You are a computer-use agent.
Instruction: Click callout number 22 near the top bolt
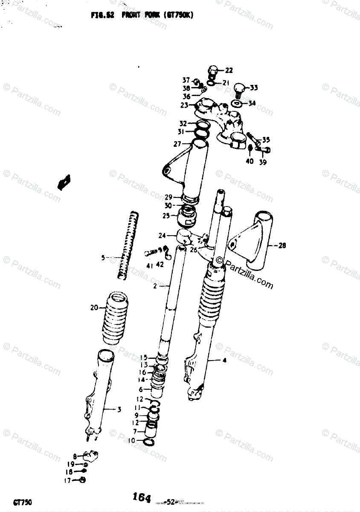pyautogui.click(x=229, y=70)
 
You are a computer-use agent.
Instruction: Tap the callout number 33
pyautogui.click(x=253, y=88)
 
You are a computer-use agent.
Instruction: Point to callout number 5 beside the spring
pyautogui.click(x=103, y=258)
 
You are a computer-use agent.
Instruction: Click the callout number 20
pyautogui.click(x=94, y=308)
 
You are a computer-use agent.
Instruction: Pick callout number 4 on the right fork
pyautogui.click(x=224, y=361)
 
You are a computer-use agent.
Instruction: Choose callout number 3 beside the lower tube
pyautogui.click(x=119, y=410)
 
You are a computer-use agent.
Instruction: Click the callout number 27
pyautogui.click(x=177, y=144)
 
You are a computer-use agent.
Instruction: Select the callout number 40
pyautogui.click(x=250, y=162)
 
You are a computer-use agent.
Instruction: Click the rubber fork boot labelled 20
pyautogui.click(x=114, y=318)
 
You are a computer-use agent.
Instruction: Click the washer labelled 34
pyautogui.click(x=237, y=104)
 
